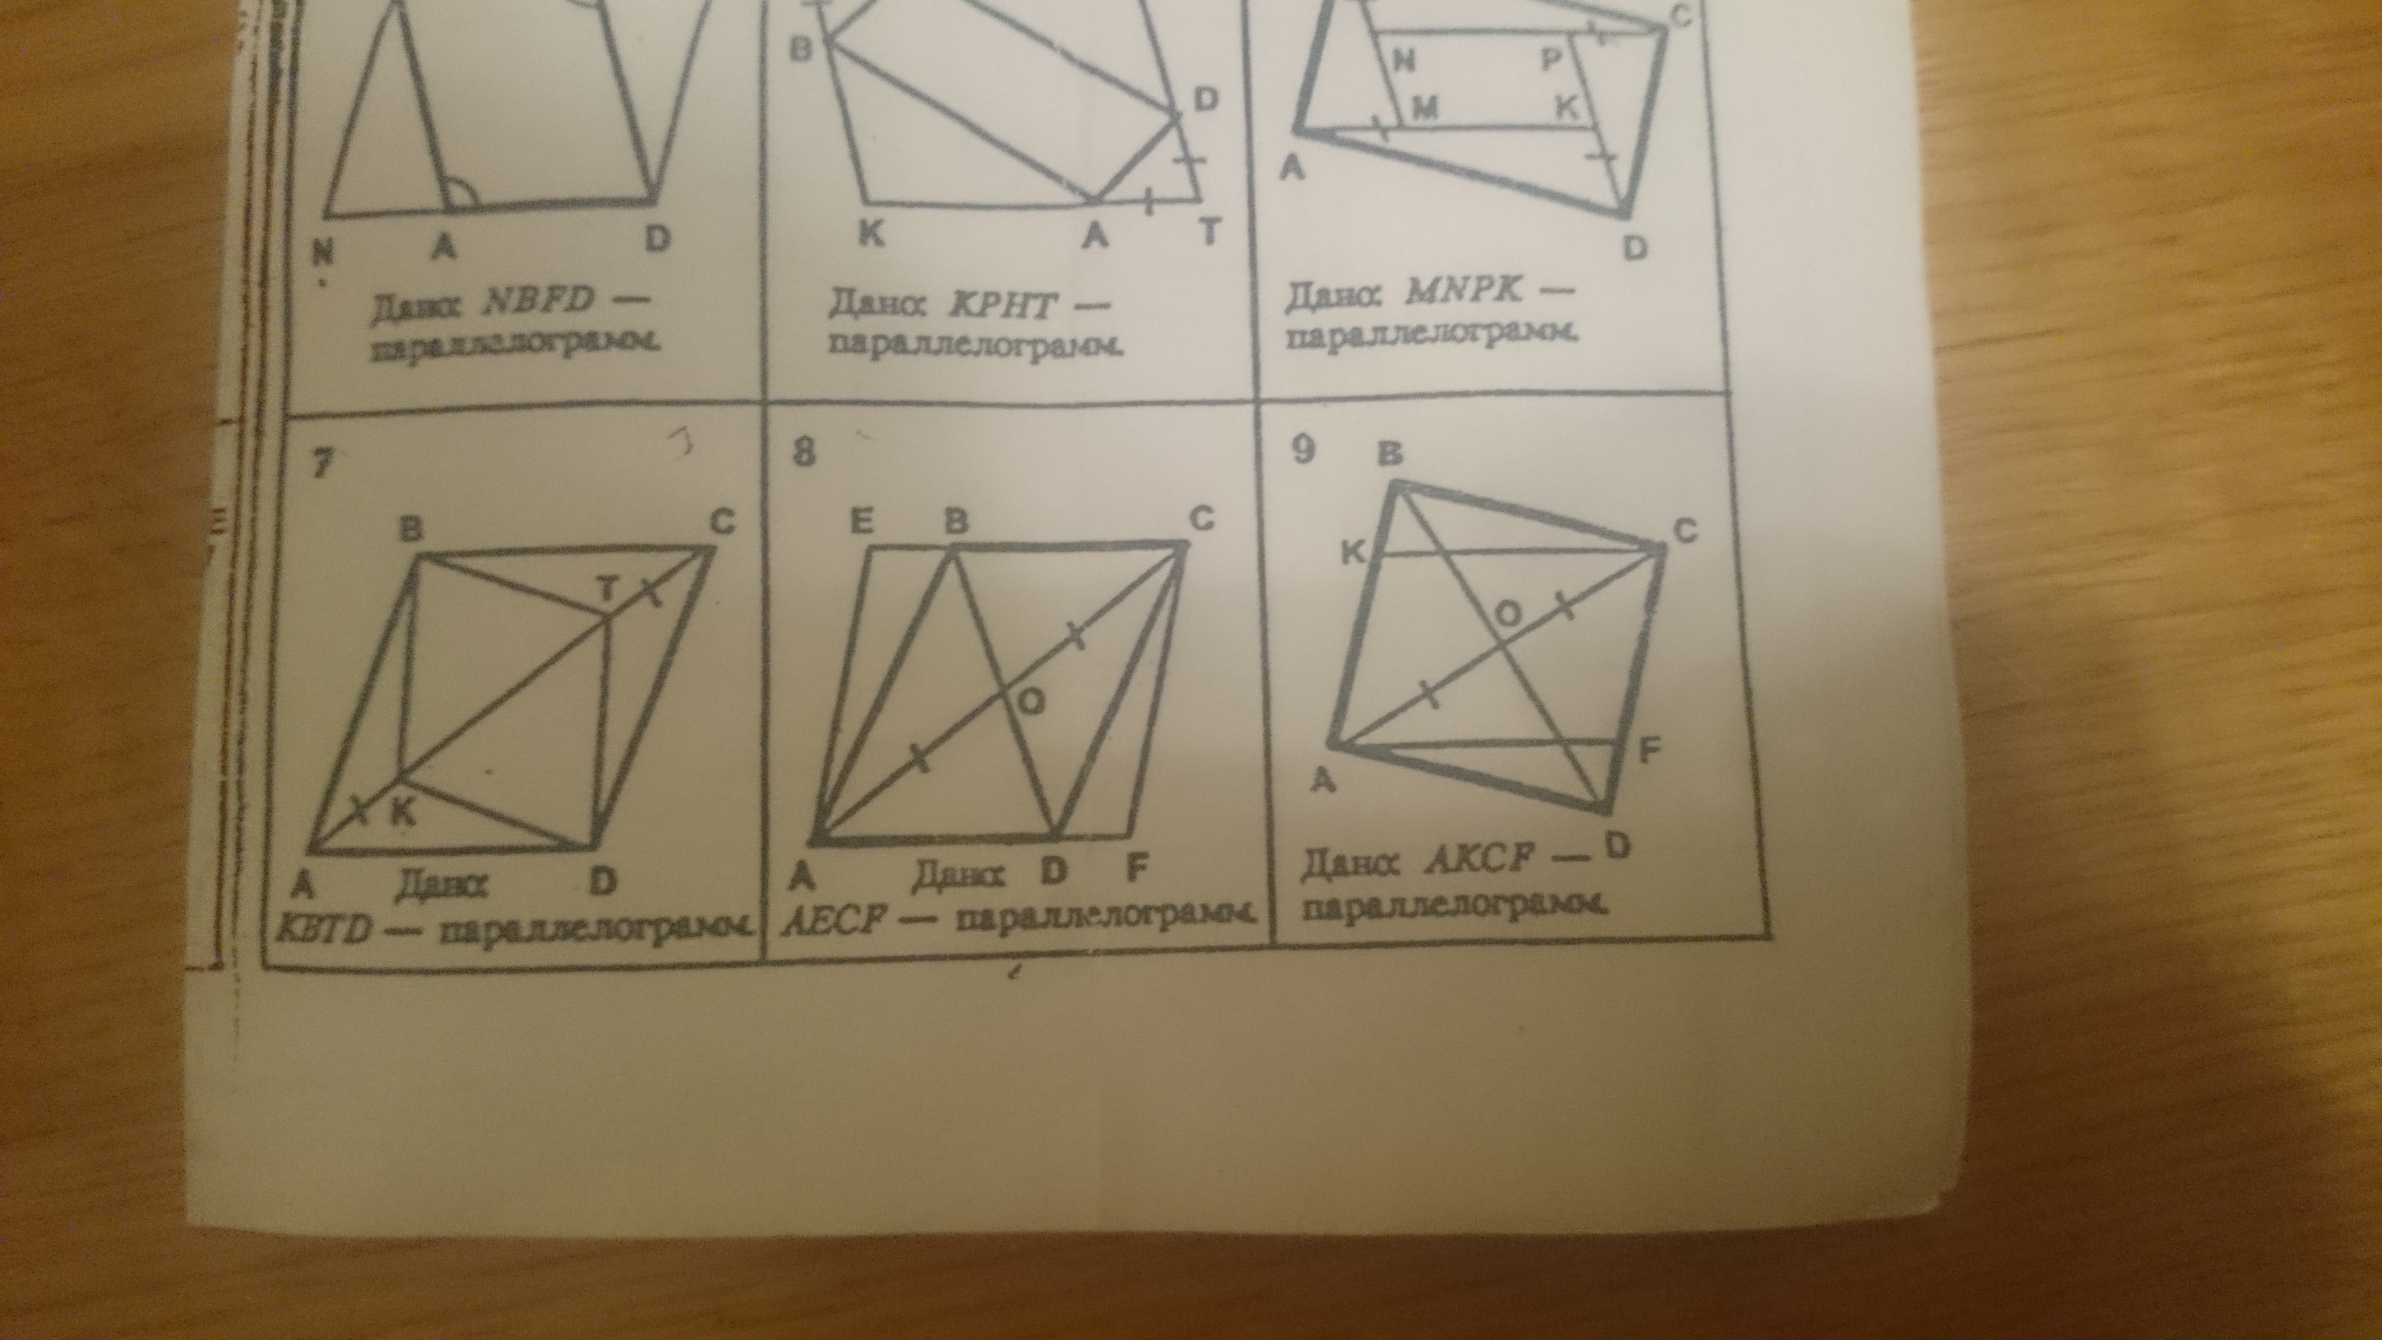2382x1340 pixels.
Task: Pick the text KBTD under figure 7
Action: point(324,932)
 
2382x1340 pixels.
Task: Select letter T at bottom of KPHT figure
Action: point(1210,230)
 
